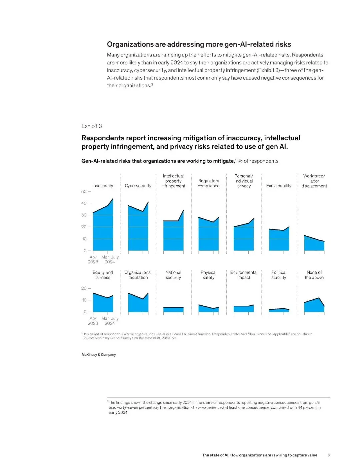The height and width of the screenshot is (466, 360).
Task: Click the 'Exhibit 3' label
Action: tap(92, 126)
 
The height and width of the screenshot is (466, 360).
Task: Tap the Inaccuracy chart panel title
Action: tap(103, 186)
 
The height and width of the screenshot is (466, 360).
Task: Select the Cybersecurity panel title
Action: tap(138, 186)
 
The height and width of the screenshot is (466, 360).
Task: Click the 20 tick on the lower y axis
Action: tap(84, 288)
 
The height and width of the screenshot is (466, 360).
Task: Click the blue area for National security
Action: tap(173, 310)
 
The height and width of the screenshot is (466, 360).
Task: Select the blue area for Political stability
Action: tap(279, 310)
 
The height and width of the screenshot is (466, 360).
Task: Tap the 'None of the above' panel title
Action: tap(314, 275)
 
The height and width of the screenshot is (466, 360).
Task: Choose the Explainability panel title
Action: tap(279, 186)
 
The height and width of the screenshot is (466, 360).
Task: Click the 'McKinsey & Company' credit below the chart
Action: tap(99, 355)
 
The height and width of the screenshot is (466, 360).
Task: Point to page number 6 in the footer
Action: tap(329, 455)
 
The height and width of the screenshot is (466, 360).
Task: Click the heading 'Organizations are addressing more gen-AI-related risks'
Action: tap(199, 44)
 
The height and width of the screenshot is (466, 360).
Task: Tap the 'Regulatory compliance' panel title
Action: tap(209, 183)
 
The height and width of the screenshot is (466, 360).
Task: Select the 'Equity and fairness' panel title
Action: tap(103, 275)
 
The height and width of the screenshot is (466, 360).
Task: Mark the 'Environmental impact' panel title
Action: tap(244, 275)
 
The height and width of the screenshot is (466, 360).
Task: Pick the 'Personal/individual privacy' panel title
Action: tap(244, 181)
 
